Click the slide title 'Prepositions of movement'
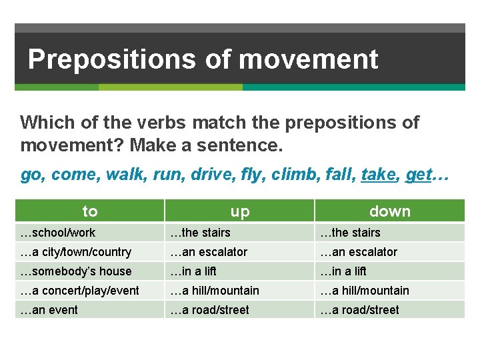[x=203, y=59]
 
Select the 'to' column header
[x=89, y=211]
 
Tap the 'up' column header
[x=239, y=211]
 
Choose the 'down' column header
[x=389, y=211]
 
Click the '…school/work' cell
[x=58, y=233]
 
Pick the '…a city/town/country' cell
[x=76, y=252]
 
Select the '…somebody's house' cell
[x=76, y=271]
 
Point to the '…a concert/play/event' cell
[x=80, y=291]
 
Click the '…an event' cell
[x=49, y=310]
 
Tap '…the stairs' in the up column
[x=201, y=233]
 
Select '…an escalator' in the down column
[x=359, y=252]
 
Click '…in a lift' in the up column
[x=193, y=271]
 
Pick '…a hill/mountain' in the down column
[x=365, y=291]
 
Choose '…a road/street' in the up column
[x=210, y=310]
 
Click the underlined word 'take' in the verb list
[x=378, y=175]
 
